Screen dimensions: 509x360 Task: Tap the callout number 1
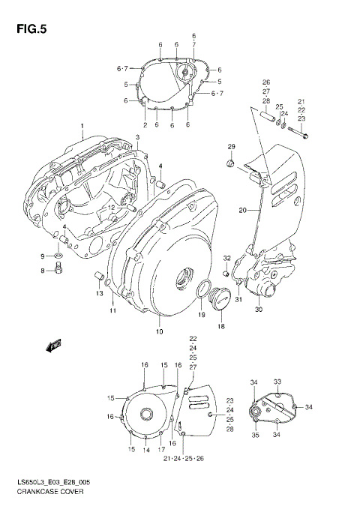tap(82, 125)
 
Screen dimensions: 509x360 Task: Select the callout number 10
tap(158, 331)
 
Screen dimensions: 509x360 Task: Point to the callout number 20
tap(242, 211)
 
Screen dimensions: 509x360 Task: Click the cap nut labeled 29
tap(231, 163)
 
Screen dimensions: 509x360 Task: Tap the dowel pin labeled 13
tap(97, 279)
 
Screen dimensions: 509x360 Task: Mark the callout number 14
tap(146, 450)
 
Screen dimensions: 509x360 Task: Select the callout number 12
tap(109, 208)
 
